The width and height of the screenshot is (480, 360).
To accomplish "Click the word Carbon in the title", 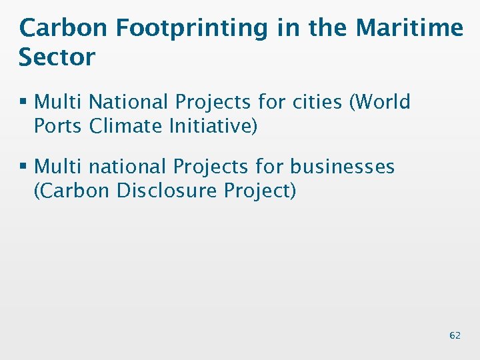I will [63, 28].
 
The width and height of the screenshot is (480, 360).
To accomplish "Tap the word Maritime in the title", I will [409, 28].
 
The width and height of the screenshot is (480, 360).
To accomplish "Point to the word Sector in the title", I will [57, 57].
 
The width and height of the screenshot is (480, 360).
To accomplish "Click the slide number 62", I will [455, 335].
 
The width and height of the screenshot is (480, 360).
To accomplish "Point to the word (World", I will [381, 102].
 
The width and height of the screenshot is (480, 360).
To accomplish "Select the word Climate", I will [127, 126].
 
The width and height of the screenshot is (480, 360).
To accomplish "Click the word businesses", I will [342, 166].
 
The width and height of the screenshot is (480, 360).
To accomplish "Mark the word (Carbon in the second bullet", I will [71, 190].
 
